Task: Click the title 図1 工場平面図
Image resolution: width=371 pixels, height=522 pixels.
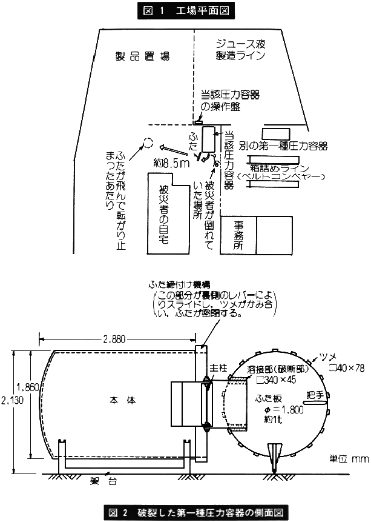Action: click(x=185, y=10)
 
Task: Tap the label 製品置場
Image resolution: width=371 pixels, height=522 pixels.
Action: click(x=142, y=56)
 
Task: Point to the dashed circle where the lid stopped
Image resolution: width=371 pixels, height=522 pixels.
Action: click(x=146, y=144)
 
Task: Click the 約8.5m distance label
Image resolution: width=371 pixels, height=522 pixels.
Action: click(x=171, y=162)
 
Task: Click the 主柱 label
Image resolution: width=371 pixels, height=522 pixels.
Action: click(x=217, y=367)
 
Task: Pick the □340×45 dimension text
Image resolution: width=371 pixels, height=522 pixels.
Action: click(x=275, y=380)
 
